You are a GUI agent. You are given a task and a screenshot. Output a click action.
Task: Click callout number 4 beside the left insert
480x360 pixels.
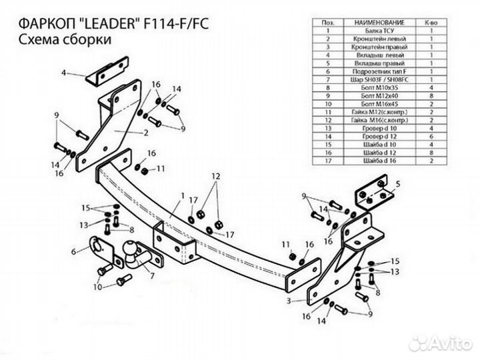pyautogui.click(x=65, y=71)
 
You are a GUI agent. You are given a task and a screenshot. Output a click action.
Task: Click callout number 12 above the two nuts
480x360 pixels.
pyautogui.click(x=215, y=175)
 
